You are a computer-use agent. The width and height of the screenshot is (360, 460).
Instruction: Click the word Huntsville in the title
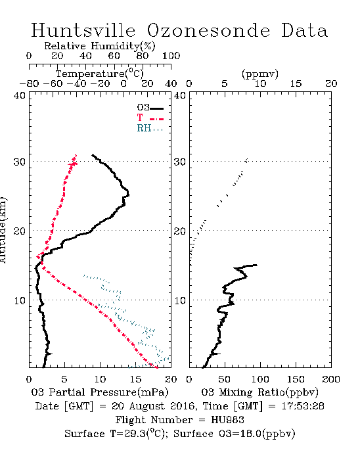click(x=83, y=30)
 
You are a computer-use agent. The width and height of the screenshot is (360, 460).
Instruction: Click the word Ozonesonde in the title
click(x=208, y=30)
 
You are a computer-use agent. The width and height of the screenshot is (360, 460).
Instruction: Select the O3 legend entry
click(x=150, y=108)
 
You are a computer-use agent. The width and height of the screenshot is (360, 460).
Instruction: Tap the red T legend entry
click(x=150, y=118)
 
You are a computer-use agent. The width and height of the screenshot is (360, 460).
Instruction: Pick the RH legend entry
click(x=150, y=128)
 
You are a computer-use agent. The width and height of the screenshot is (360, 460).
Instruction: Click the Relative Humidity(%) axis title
click(x=100, y=46)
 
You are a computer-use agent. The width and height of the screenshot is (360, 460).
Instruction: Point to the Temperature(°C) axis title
click(x=100, y=74)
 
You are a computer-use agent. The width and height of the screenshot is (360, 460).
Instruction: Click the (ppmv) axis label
click(x=260, y=74)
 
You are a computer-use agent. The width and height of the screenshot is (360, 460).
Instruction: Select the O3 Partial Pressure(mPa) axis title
click(x=100, y=392)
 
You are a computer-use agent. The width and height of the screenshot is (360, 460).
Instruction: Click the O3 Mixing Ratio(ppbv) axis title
click(x=259, y=392)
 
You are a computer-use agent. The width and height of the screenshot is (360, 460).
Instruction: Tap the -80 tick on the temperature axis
click(x=29, y=84)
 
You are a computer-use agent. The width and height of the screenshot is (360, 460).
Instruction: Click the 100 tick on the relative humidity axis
click(x=171, y=56)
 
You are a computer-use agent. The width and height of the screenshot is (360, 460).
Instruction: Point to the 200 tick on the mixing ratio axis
click(x=331, y=379)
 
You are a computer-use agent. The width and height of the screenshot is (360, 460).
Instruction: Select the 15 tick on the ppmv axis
click(x=296, y=84)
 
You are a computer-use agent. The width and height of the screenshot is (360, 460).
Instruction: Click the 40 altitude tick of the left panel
click(x=20, y=95)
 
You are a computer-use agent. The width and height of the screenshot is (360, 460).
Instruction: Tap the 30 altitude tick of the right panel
click(x=180, y=162)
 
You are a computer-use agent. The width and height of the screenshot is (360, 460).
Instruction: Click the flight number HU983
click(x=227, y=420)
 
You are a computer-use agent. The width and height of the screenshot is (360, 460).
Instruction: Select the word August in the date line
click(x=145, y=406)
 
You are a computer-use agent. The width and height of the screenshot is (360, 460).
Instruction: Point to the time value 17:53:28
click(x=303, y=406)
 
